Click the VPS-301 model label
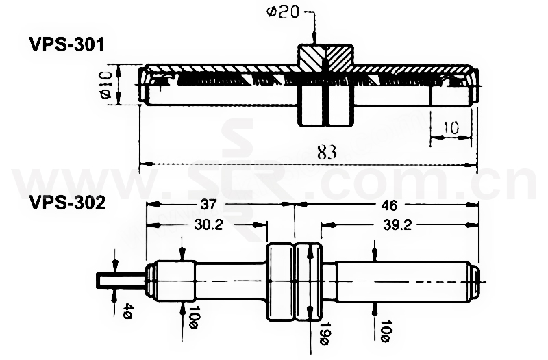66,45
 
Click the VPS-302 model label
66,203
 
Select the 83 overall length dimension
327,153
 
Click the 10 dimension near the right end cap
451,128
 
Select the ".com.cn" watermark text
438,181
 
